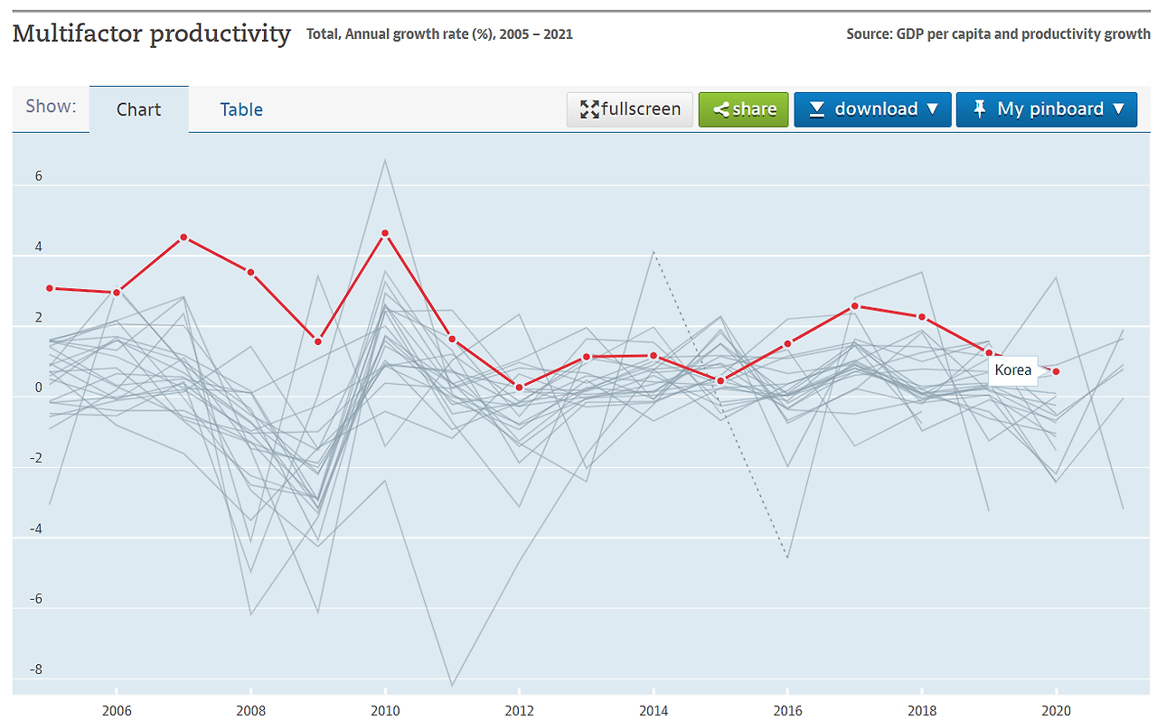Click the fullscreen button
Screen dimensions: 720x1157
(630, 109)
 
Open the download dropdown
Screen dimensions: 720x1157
(872, 109)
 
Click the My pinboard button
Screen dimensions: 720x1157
(1046, 109)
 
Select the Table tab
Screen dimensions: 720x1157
(241, 109)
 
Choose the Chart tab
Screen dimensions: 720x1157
(138, 109)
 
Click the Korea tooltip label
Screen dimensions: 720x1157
(1012, 370)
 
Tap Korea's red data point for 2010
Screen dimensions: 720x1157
(385, 233)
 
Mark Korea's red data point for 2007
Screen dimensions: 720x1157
(183, 238)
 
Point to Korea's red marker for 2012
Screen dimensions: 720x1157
(519, 388)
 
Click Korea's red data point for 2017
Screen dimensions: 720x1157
(854, 306)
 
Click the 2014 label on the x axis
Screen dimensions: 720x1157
(654, 711)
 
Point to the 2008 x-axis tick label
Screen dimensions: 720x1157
(250, 711)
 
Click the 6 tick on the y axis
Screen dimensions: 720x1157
(38, 177)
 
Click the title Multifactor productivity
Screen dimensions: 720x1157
(151, 34)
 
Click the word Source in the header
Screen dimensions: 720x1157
(868, 34)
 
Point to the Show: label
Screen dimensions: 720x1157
(51, 107)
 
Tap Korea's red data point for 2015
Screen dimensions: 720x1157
(720, 381)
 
